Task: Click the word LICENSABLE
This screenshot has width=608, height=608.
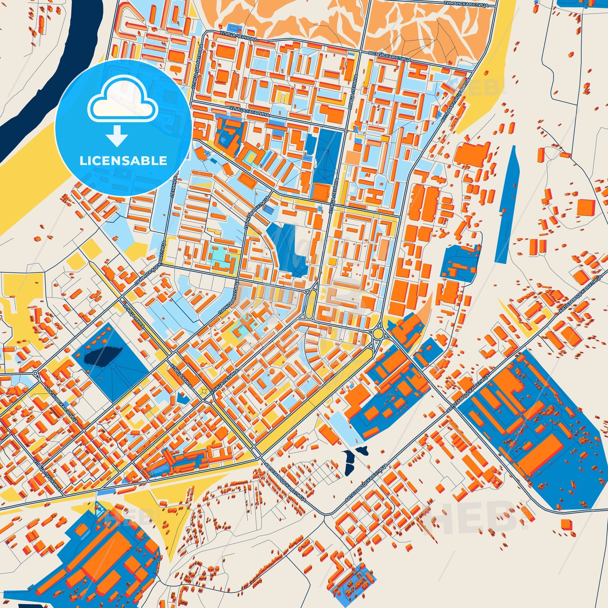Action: click(123, 161)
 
